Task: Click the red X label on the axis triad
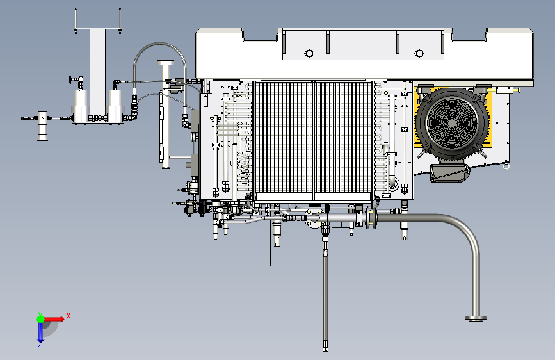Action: (68, 316)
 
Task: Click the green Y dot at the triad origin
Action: (40, 319)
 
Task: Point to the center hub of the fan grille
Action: (452, 122)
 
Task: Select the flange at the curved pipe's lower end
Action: (476, 318)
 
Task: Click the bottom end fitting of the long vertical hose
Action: (325, 346)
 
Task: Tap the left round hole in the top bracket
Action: (309, 54)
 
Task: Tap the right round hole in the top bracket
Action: (419, 54)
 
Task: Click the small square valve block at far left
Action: (42, 118)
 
